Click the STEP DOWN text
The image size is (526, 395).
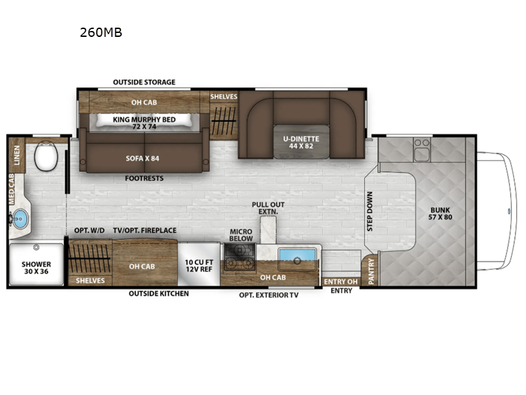coord(370,211)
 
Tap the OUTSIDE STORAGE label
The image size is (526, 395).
coord(144,82)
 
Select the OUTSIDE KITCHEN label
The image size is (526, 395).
coord(158,293)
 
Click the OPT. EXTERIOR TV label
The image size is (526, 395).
coord(268,295)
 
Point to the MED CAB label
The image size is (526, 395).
coord(12,188)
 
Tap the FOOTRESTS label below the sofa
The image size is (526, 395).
coord(145,178)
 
